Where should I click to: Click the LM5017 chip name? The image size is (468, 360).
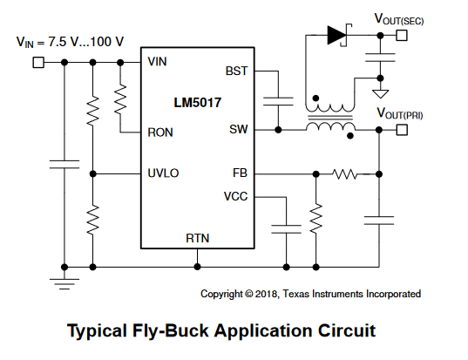click(x=198, y=103)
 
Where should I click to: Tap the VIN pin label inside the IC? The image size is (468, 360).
click(x=157, y=62)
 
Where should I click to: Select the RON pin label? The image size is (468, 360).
click(x=160, y=132)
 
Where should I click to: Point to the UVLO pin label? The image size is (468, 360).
click(x=163, y=173)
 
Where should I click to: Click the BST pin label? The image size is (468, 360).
click(x=236, y=71)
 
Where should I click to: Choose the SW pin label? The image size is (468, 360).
click(x=239, y=129)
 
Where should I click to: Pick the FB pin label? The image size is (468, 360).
click(x=240, y=173)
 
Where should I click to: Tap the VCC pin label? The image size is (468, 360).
click(x=236, y=196)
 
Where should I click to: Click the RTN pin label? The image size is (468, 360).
click(x=198, y=238)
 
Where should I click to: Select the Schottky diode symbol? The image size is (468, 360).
click(x=339, y=35)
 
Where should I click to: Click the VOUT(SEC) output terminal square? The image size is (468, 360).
click(x=402, y=36)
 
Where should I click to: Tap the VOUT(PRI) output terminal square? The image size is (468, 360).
click(x=402, y=130)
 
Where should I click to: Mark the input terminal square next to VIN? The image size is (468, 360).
click(x=38, y=63)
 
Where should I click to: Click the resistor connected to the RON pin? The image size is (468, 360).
click(x=120, y=99)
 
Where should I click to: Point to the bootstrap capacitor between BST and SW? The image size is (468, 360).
click(x=278, y=101)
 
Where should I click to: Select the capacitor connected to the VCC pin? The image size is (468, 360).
click(x=286, y=229)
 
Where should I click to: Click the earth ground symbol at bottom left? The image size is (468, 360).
click(x=64, y=284)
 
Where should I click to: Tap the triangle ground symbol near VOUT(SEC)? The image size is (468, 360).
click(x=380, y=94)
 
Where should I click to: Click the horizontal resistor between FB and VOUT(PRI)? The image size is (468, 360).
click(x=345, y=174)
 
